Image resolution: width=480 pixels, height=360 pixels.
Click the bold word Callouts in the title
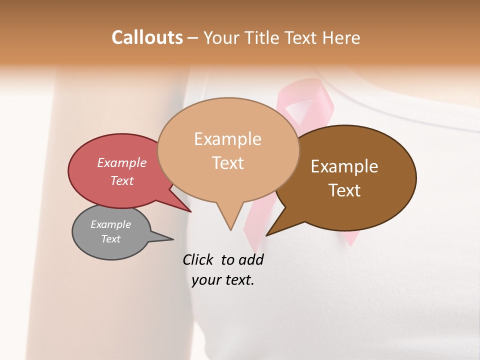[x=147, y=37]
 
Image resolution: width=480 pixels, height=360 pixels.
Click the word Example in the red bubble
[x=122, y=162]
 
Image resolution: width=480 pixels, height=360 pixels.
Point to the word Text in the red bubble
[x=122, y=180]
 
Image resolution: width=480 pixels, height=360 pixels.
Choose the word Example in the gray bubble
[x=111, y=224]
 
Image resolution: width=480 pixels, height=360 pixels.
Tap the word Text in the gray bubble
[x=111, y=239]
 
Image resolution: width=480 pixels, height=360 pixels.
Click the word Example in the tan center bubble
[x=228, y=138]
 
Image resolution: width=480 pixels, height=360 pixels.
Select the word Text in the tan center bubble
[x=228, y=162]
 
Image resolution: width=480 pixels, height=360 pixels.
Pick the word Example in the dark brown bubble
[x=344, y=166]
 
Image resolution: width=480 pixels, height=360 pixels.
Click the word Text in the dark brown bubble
[x=344, y=190]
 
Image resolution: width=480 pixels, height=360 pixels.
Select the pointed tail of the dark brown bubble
[x=268, y=234]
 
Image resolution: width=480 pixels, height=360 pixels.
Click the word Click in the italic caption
[x=199, y=260]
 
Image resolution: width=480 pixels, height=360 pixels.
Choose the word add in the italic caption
[x=252, y=260]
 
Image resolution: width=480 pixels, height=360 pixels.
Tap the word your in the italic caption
[x=205, y=280]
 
